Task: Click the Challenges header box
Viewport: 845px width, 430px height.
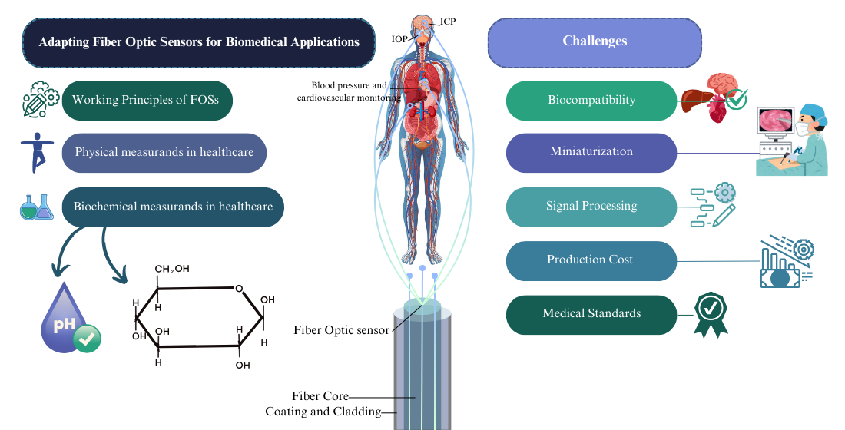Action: click(595, 41)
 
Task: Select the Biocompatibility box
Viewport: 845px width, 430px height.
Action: click(591, 101)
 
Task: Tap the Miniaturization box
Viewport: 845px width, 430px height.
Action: click(591, 152)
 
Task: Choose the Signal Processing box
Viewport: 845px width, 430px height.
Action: click(591, 207)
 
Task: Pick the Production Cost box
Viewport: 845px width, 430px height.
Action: click(590, 260)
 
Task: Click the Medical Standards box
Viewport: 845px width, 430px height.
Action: click(591, 314)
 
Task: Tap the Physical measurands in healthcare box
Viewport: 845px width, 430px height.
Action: click(164, 153)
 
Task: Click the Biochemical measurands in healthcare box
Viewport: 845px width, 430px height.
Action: click(173, 207)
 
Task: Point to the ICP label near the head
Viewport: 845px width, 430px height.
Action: click(447, 21)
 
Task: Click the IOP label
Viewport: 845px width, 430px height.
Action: click(399, 38)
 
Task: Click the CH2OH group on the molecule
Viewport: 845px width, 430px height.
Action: click(172, 269)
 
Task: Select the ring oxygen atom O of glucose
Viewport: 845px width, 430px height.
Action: click(240, 289)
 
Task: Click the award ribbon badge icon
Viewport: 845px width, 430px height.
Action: click(710, 313)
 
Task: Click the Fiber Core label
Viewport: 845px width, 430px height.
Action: click(320, 396)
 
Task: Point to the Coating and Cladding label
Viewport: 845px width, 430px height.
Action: click(323, 412)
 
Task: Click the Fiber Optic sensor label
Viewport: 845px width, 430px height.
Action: click(341, 331)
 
